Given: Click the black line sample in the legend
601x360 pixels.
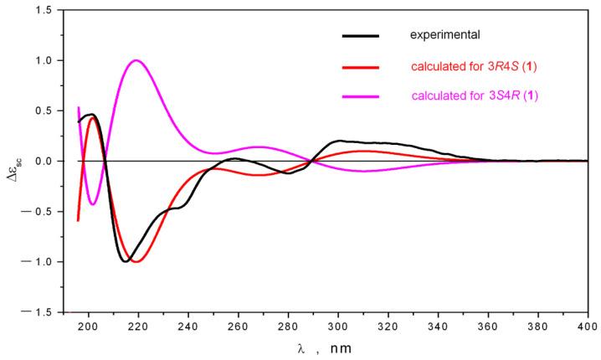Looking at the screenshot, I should click(x=361, y=36).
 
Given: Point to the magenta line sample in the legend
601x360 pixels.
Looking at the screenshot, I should click(x=361, y=95).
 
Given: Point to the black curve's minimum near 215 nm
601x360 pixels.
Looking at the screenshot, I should click(x=126, y=262).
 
